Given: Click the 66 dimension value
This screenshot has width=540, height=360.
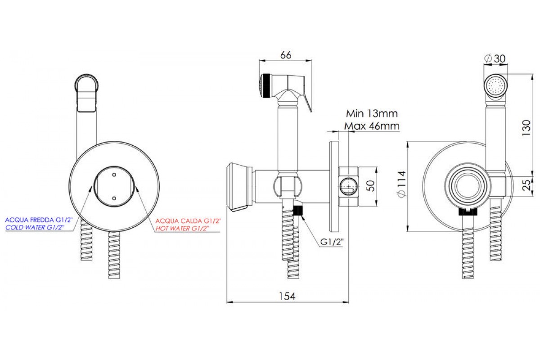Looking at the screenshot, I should (x=286, y=54).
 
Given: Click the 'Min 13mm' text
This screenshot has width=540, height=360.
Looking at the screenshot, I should (x=372, y=113).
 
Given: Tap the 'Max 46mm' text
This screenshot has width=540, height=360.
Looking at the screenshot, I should (x=372, y=126).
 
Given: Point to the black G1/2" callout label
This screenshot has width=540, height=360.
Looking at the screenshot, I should (x=332, y=243).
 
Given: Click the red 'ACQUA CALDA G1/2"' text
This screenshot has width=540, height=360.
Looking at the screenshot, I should (x=188, y=221).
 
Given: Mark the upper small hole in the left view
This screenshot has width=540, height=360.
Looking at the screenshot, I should (x=113, y=174).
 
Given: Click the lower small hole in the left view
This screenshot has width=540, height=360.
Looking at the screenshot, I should (x=113, y=198).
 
